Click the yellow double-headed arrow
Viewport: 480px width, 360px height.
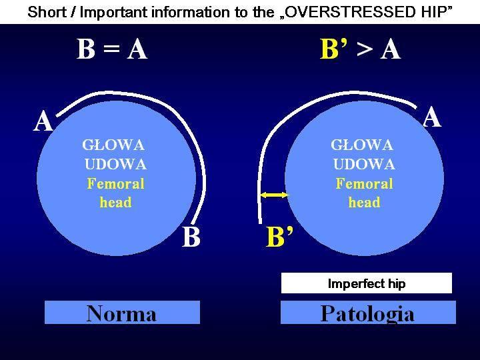(274, 195)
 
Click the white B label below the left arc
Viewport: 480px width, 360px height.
(191, 236)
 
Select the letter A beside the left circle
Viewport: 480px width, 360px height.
(43, 121)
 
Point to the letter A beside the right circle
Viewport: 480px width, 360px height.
(432, 117)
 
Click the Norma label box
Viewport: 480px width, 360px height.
(122, 312)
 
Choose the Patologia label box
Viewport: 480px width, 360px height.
(368, 312)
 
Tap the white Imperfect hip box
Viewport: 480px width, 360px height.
(367, 283)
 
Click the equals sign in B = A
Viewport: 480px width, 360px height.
(111, 49)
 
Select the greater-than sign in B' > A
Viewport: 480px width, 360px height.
(364, 49)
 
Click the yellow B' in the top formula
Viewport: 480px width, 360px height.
(334, 49)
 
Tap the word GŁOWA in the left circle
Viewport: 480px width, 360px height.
(113, 145)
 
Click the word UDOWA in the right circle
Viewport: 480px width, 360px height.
(364, 164)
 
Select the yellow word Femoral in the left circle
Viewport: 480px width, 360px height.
(115, 184)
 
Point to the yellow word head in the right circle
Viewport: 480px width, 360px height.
(364, 203)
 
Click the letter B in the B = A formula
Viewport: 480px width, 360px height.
(85, 49)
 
